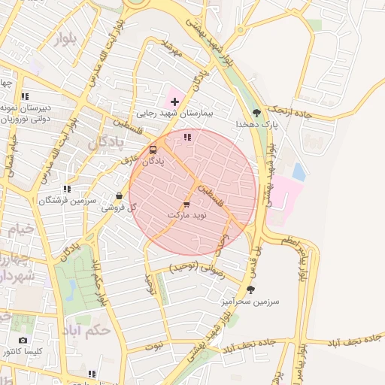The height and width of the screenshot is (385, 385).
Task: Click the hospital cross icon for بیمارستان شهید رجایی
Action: tap(175, 101)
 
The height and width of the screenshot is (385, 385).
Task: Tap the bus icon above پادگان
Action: tap(153, 150)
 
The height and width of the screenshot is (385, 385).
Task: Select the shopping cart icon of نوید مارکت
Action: tap(186, 204)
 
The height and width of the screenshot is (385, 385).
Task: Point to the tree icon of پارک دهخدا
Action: tap(257, 113)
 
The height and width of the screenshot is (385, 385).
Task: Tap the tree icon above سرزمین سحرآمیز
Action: tap(250, 290)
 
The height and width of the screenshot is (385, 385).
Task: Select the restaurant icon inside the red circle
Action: tap(187, 137)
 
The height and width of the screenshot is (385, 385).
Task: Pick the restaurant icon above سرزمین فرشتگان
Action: tap(67, 189)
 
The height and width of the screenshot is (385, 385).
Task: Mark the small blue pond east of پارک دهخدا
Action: tap(299, 172)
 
